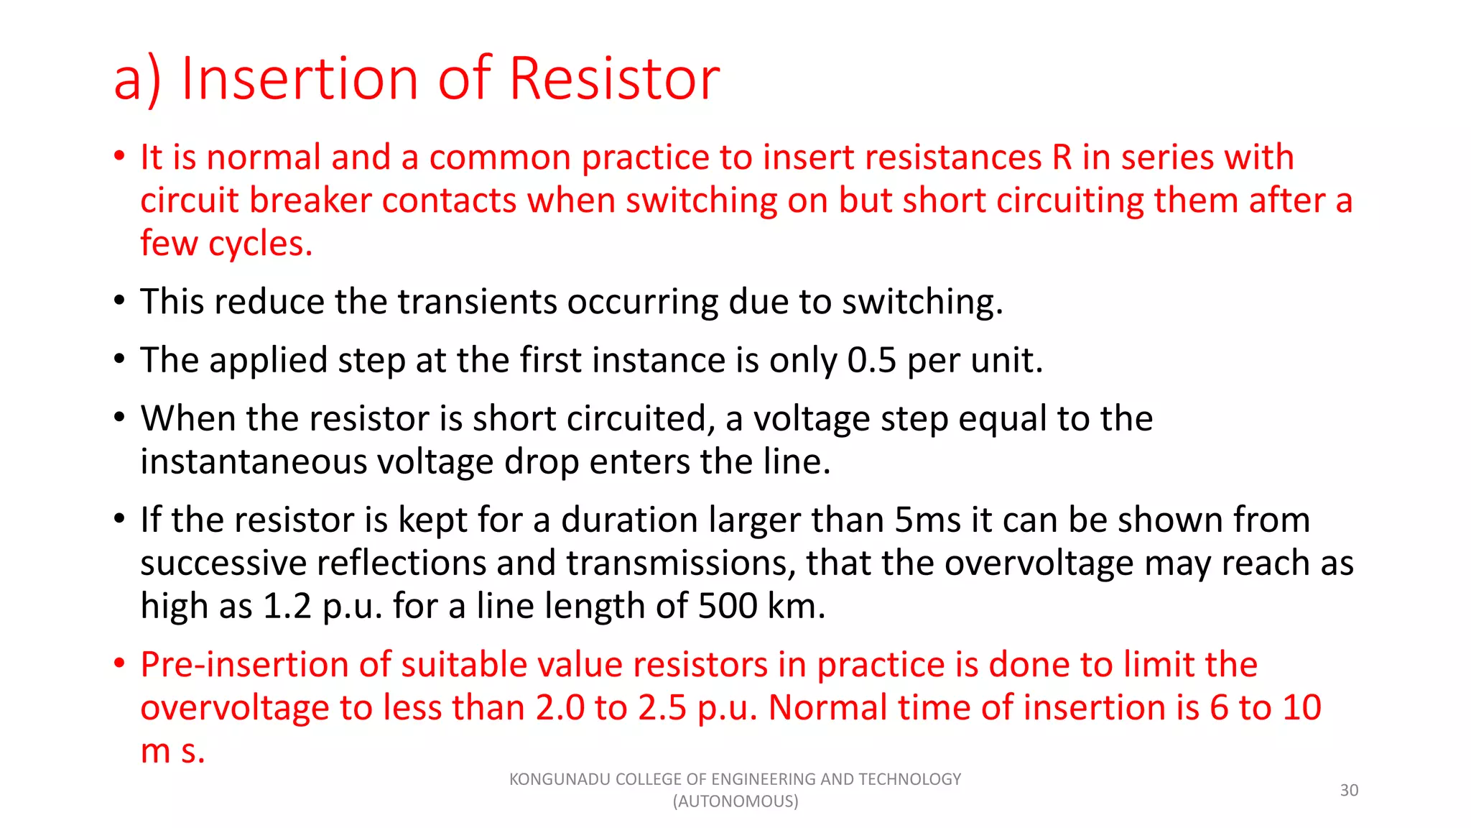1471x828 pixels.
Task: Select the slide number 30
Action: tap(1349, 790)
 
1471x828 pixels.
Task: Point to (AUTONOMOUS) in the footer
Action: tap(735, 801)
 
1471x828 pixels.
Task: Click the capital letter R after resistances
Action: tap(1062, 157)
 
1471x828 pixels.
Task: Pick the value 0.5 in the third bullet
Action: tap(872, 360)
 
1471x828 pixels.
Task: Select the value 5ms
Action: tap(927, 520)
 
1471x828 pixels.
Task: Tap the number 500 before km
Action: tap(728, 606)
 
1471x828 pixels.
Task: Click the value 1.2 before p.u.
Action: tap(287, 606)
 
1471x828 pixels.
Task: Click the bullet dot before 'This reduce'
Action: tap(120, 300)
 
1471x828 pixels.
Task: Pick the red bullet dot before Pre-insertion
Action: tap(120, 663)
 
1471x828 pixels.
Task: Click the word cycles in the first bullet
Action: tap(260, 244)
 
